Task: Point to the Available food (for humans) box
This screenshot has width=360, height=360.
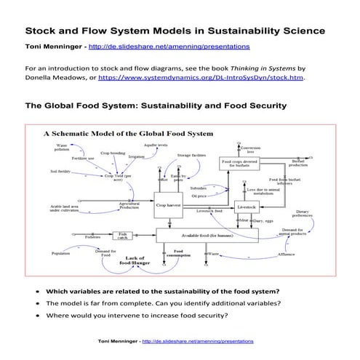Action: [207, 235]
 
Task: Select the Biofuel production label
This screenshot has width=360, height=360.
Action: [298, 164]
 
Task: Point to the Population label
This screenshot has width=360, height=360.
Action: [60, 253]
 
